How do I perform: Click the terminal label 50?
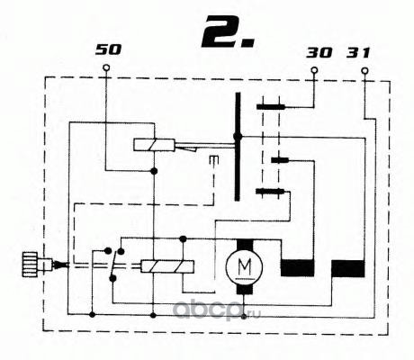[x=108, y=49]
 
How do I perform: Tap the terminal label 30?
[x=319, y=53]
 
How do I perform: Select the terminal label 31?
[x=358, y=53]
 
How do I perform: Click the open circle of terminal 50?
[x=106, y=67]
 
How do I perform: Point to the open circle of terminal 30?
[x=314, y=70]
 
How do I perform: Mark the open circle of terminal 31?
[x=364, y=71]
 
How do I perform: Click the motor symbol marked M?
[x=245, y=266]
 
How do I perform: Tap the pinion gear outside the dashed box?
[x=30, y=264]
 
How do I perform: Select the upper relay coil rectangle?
[x=154, y=145]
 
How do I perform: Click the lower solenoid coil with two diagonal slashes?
[x=167, y=266]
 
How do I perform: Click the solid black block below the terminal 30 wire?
[x=297, y=268]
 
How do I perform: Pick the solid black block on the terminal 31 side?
[x=348, y=268]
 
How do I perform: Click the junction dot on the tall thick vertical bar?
[x=238, y=137]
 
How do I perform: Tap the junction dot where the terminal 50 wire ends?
[x=154, y=171]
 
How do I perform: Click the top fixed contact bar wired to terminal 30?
[x=270, y=106]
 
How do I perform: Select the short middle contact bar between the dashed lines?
[x=280, y=160]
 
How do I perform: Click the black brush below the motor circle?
[x=245, y=289]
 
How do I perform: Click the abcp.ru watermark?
[x=217, y=309]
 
